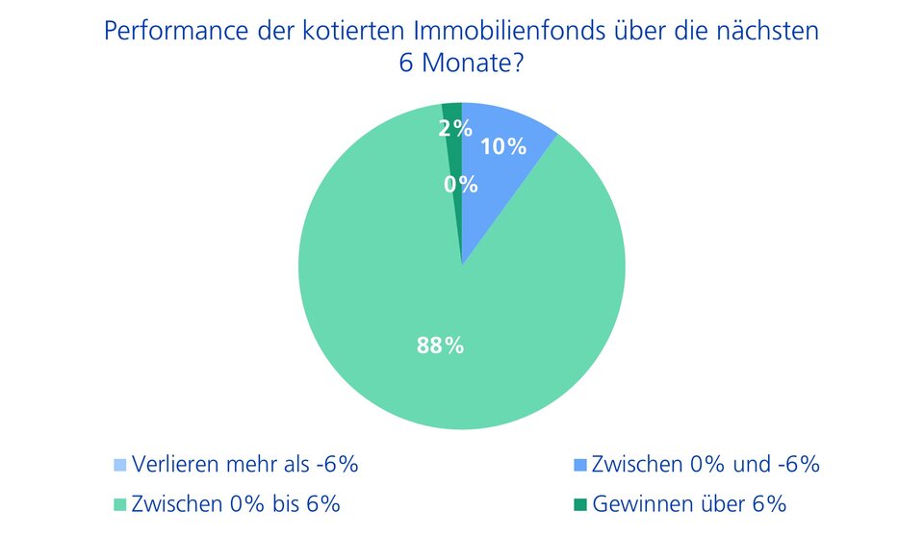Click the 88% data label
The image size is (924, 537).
pos(440,345)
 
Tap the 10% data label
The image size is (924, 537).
pos(503,147)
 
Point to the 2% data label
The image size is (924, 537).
pos(455,127)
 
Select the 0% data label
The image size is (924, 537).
pos(461,185)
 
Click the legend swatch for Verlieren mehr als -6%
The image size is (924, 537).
pos(119,466)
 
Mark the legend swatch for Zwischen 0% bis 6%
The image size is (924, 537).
pos(119,503)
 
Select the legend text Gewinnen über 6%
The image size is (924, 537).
pos(690,503)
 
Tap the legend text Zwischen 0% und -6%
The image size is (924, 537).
pos(706,465)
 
